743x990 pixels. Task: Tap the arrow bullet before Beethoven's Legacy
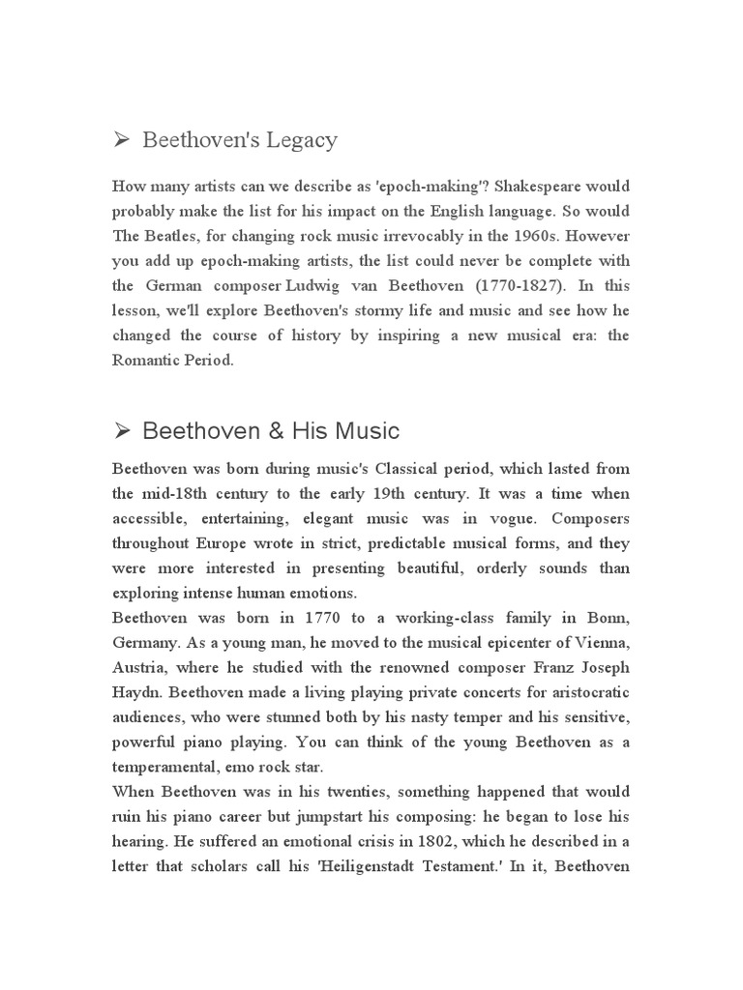pos(122,141)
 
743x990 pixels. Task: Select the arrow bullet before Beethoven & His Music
pos(122,430)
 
